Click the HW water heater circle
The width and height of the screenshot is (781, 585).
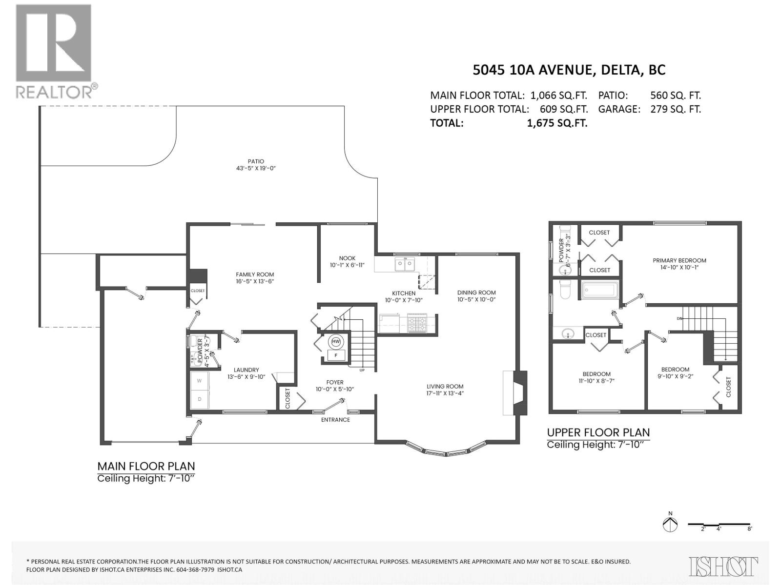coord(336,342)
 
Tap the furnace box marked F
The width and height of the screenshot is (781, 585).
coord(336,355)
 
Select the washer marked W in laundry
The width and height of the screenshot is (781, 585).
coord(199,381)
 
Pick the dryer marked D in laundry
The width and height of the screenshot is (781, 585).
coord(199,399)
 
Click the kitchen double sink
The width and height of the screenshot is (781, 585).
coord(405,264)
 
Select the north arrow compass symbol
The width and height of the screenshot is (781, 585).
coord(670,525)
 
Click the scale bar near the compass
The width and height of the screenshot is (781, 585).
coord(719,525)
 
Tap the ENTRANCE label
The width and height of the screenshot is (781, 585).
coord(335,420)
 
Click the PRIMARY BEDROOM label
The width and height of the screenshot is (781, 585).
coord(679,260)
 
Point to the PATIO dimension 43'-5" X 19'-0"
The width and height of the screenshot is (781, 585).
coord(256,168)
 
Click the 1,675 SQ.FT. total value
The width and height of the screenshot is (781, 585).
coord(557,123)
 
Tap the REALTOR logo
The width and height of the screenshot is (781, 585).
coord(54,51)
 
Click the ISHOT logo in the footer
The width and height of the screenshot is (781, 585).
coord(723,566)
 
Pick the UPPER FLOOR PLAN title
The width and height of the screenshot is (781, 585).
coord(598,432)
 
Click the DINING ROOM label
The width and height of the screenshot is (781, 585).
coord(476,292)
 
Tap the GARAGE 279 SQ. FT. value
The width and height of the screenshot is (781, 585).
coord(675,109)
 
